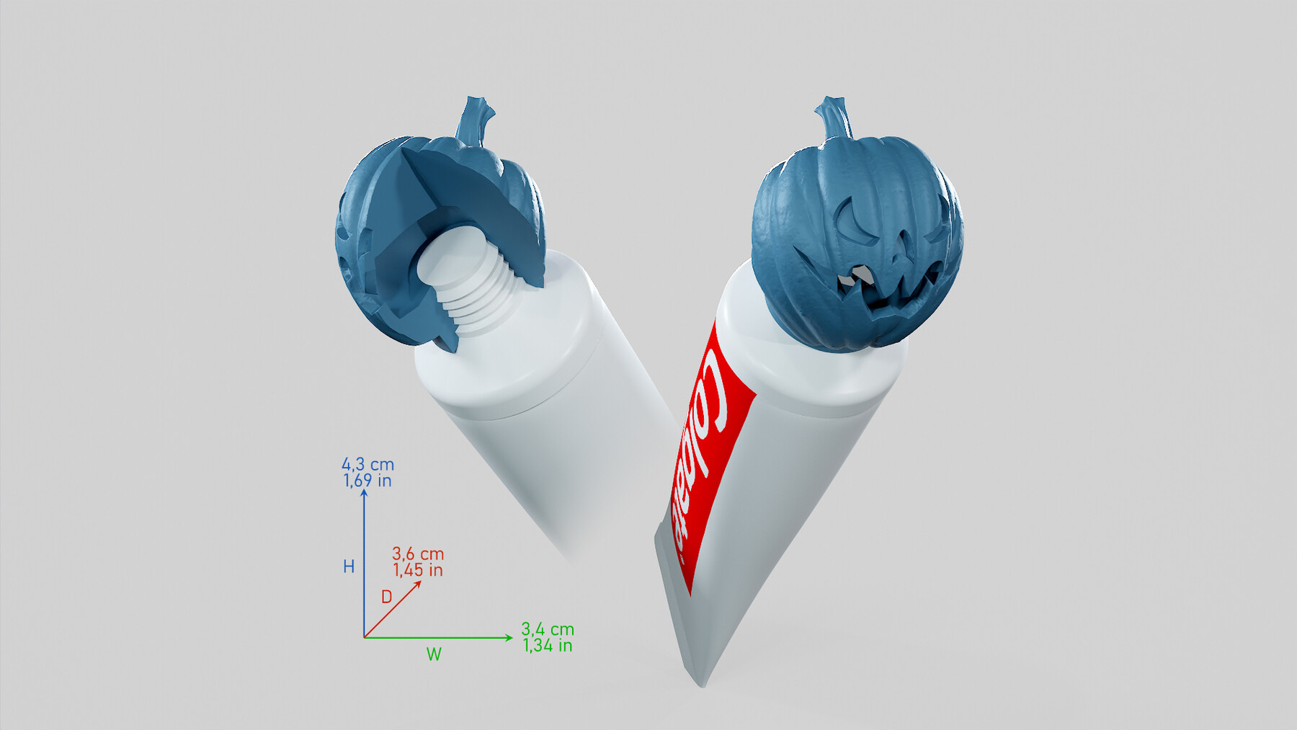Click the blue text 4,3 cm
[367, 465]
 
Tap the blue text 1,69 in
[367, 481]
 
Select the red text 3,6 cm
[418, 554]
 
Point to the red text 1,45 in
[418, 570]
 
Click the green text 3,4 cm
[548, 629]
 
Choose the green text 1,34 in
[548, 646]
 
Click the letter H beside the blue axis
[349, 567]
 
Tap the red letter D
[386, 597]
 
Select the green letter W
[434, 654]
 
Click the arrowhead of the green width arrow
[509, 637]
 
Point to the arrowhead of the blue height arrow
[365, 494]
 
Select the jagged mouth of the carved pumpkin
[886, 292]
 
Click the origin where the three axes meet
[365, 638]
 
